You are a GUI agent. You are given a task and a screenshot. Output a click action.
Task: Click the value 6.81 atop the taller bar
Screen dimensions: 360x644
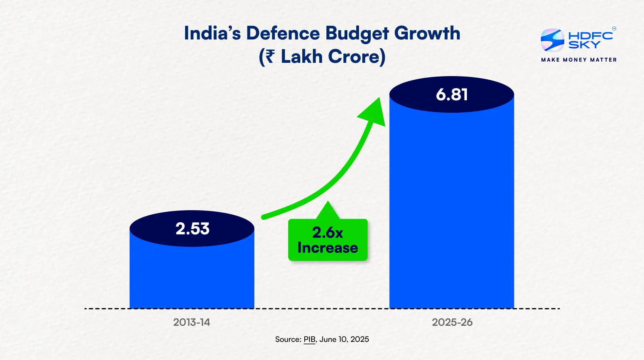click(x=452, y=95)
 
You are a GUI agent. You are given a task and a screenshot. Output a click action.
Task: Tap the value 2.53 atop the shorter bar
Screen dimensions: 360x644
click(x=192, y=229)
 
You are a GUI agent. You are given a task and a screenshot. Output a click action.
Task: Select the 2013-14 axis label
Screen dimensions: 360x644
click(x=192, y=322)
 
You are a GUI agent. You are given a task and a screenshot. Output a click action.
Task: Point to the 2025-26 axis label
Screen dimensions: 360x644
click(x=452, y=322)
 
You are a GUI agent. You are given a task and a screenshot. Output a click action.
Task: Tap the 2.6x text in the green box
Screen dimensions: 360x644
click(x=328, y=233)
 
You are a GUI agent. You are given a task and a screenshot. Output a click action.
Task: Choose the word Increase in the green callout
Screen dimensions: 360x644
click(x=328, y=248)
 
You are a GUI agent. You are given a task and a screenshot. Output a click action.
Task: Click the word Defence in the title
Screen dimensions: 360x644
click(x=283, y=33)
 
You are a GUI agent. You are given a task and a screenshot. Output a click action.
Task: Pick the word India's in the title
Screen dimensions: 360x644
click(x=212, y=33)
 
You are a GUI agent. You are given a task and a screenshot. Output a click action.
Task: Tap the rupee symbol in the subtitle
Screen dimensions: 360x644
click(x=270, y=56)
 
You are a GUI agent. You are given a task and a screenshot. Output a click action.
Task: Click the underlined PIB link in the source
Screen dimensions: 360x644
click(x=310, y=339)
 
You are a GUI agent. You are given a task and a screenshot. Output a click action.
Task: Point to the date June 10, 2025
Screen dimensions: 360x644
click(x=344, y=339)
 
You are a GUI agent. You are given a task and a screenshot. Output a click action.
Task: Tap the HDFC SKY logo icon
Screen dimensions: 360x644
click(x=552, y=40)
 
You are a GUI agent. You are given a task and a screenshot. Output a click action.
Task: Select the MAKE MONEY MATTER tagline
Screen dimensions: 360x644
click(x=579, y=60)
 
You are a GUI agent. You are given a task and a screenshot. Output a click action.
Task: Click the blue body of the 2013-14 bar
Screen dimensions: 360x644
click(x=192, y=278)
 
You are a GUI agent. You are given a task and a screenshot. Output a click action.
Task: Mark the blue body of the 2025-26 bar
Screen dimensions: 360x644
click(x=452, y=209)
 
